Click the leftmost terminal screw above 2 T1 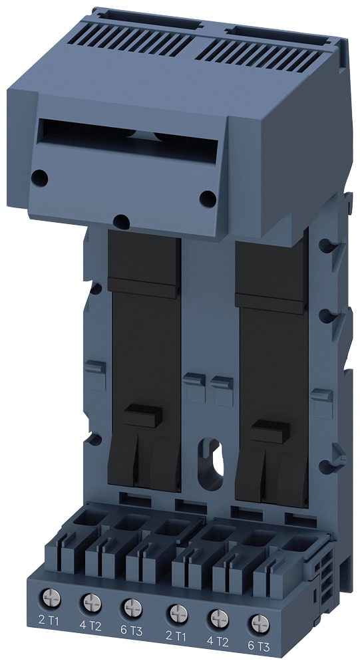[49, 597]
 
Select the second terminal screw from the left [90, 602]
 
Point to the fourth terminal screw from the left [176, 612]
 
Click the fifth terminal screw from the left [218, 617]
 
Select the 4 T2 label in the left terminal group [90, 625]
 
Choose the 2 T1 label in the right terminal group [174, 635]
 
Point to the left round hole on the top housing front [41, 178]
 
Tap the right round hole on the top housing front [208, 198]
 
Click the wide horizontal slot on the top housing [126, 140]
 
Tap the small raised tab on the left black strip [144, 414]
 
